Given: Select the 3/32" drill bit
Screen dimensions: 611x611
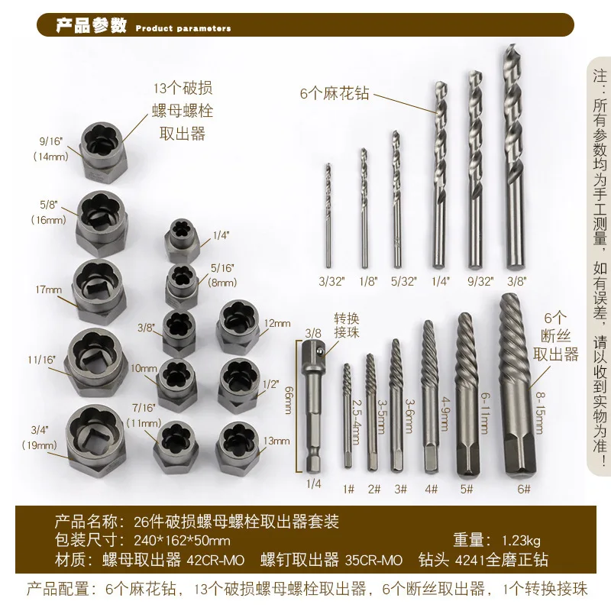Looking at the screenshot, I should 328,214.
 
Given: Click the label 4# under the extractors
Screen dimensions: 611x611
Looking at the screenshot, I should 431,490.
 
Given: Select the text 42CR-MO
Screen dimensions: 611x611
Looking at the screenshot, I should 216,560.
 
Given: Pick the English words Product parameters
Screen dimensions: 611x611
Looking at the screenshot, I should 183,28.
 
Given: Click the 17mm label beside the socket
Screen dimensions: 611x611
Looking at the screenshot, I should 48,290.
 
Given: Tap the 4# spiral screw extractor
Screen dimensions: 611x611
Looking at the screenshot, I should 430,390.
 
